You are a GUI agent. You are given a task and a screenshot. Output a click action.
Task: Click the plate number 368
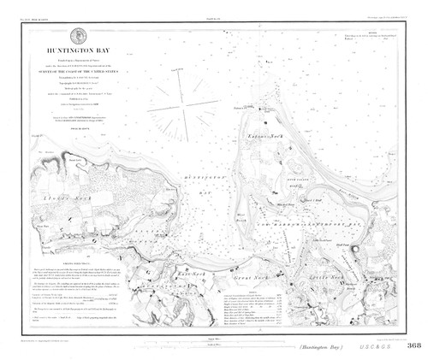(414, 346)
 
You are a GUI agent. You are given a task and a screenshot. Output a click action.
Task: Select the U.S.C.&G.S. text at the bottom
(381, 347)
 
